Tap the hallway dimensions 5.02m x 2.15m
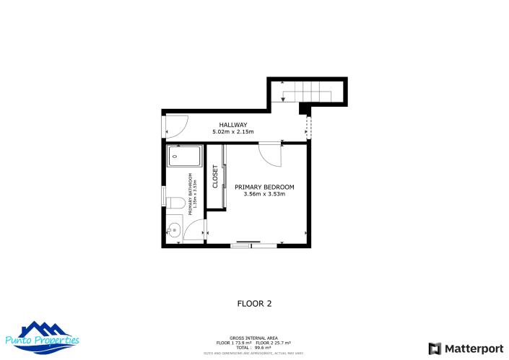(235, 133)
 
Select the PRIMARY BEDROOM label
(264, 187)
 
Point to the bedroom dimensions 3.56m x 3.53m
(264, 194)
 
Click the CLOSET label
(215, 177)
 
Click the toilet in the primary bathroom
(173, 203)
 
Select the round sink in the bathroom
(173, 231)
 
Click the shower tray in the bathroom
(184, 157)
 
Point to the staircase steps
(312, 91)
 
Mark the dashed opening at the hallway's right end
(308, 128)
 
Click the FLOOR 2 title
(254, 304)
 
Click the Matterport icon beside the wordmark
(435, 348)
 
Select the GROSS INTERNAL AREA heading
(253, 338)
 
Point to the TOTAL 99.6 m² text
(253, 347)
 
